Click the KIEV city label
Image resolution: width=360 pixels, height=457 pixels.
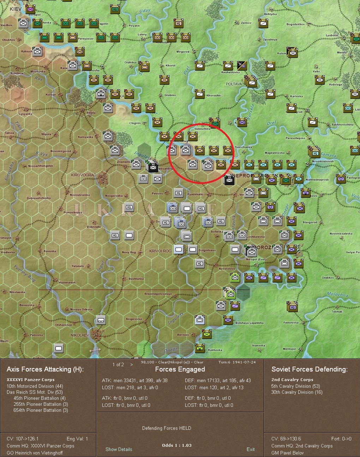coord(16,8)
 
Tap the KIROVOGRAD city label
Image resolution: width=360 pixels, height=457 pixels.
coord(83,175)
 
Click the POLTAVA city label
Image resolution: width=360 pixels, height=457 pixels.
coord(234,84)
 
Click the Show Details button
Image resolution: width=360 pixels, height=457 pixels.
coord(119,449)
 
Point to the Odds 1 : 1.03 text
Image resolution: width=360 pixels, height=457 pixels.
coord(177,445)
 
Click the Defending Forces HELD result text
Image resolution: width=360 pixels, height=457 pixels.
coord(167,428)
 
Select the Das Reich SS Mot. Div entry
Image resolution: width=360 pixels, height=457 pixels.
coord(35,392)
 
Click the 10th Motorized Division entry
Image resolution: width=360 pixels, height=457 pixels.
coord(35,386)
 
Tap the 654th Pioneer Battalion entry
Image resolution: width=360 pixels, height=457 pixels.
coord(41,410)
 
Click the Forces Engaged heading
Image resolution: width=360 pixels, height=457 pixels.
coord(180,369)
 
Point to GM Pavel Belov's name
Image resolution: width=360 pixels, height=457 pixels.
coord(287,452)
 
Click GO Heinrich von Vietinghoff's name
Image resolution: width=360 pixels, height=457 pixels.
coord(35,452)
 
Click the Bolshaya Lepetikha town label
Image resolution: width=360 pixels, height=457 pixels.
coord(249,323)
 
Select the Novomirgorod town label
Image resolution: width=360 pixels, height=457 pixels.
coord(61,151)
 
